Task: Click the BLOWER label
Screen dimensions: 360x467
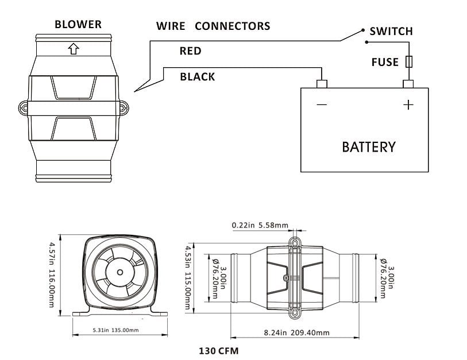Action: [78, 25]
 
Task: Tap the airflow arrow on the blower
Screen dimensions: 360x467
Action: [73, 49]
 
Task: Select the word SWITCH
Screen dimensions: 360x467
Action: [391, 32]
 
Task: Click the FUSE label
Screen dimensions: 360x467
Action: [384, 62]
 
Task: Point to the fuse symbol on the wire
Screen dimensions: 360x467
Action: [408, 62]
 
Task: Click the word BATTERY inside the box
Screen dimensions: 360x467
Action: [368, 147]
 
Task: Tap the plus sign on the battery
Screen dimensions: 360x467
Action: [408, 105]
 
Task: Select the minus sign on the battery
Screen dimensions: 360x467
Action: [322, 105]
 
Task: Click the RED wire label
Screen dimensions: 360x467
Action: [190, 51]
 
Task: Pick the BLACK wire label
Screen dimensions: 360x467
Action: [197, 77]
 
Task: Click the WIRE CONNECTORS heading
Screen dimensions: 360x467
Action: [213, 26]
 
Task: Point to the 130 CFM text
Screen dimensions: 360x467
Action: [218, 350]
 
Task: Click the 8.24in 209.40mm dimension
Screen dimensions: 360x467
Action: [296, 332]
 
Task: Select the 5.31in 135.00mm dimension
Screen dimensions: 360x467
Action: [117, 330]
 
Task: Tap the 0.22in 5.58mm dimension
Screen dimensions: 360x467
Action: [260, 225]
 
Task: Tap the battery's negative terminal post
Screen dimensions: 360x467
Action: [322, 84]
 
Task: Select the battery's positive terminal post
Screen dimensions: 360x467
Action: [408, 84]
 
